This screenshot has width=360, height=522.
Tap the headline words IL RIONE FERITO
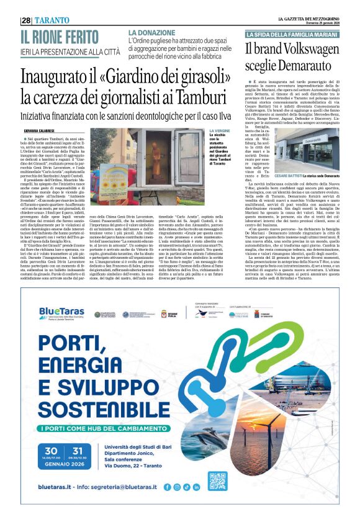(x=63, y=36)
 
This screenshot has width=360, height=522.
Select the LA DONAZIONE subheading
(x=151, y=32)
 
